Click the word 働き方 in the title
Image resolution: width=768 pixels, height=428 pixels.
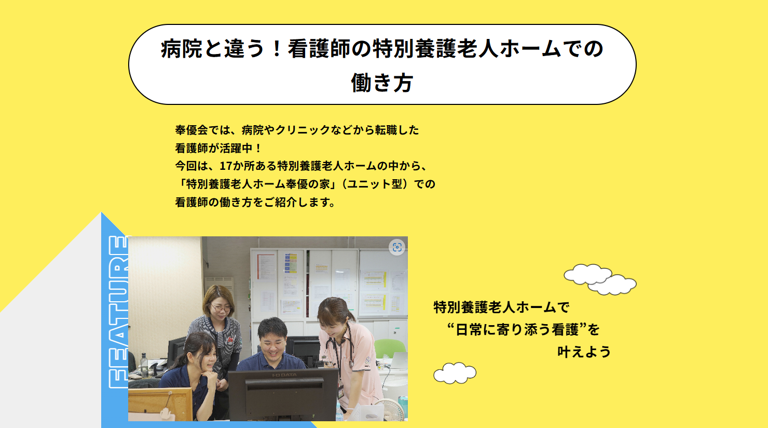382,83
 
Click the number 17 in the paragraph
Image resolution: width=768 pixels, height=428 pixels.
226,166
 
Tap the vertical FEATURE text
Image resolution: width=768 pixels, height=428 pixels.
118,312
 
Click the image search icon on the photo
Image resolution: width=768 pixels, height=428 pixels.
397,247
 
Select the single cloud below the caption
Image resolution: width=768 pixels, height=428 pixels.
455,373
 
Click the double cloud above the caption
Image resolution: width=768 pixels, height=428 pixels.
600,279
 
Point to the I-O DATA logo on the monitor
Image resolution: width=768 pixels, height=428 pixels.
284,375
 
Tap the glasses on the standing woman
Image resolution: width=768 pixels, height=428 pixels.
221,309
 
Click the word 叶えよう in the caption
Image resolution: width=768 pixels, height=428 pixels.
584,352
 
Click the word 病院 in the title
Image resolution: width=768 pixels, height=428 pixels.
182,48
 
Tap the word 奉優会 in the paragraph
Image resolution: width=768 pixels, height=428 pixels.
191,130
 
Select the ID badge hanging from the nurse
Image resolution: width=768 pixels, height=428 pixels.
340,391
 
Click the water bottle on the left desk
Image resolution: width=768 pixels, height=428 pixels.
144,365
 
